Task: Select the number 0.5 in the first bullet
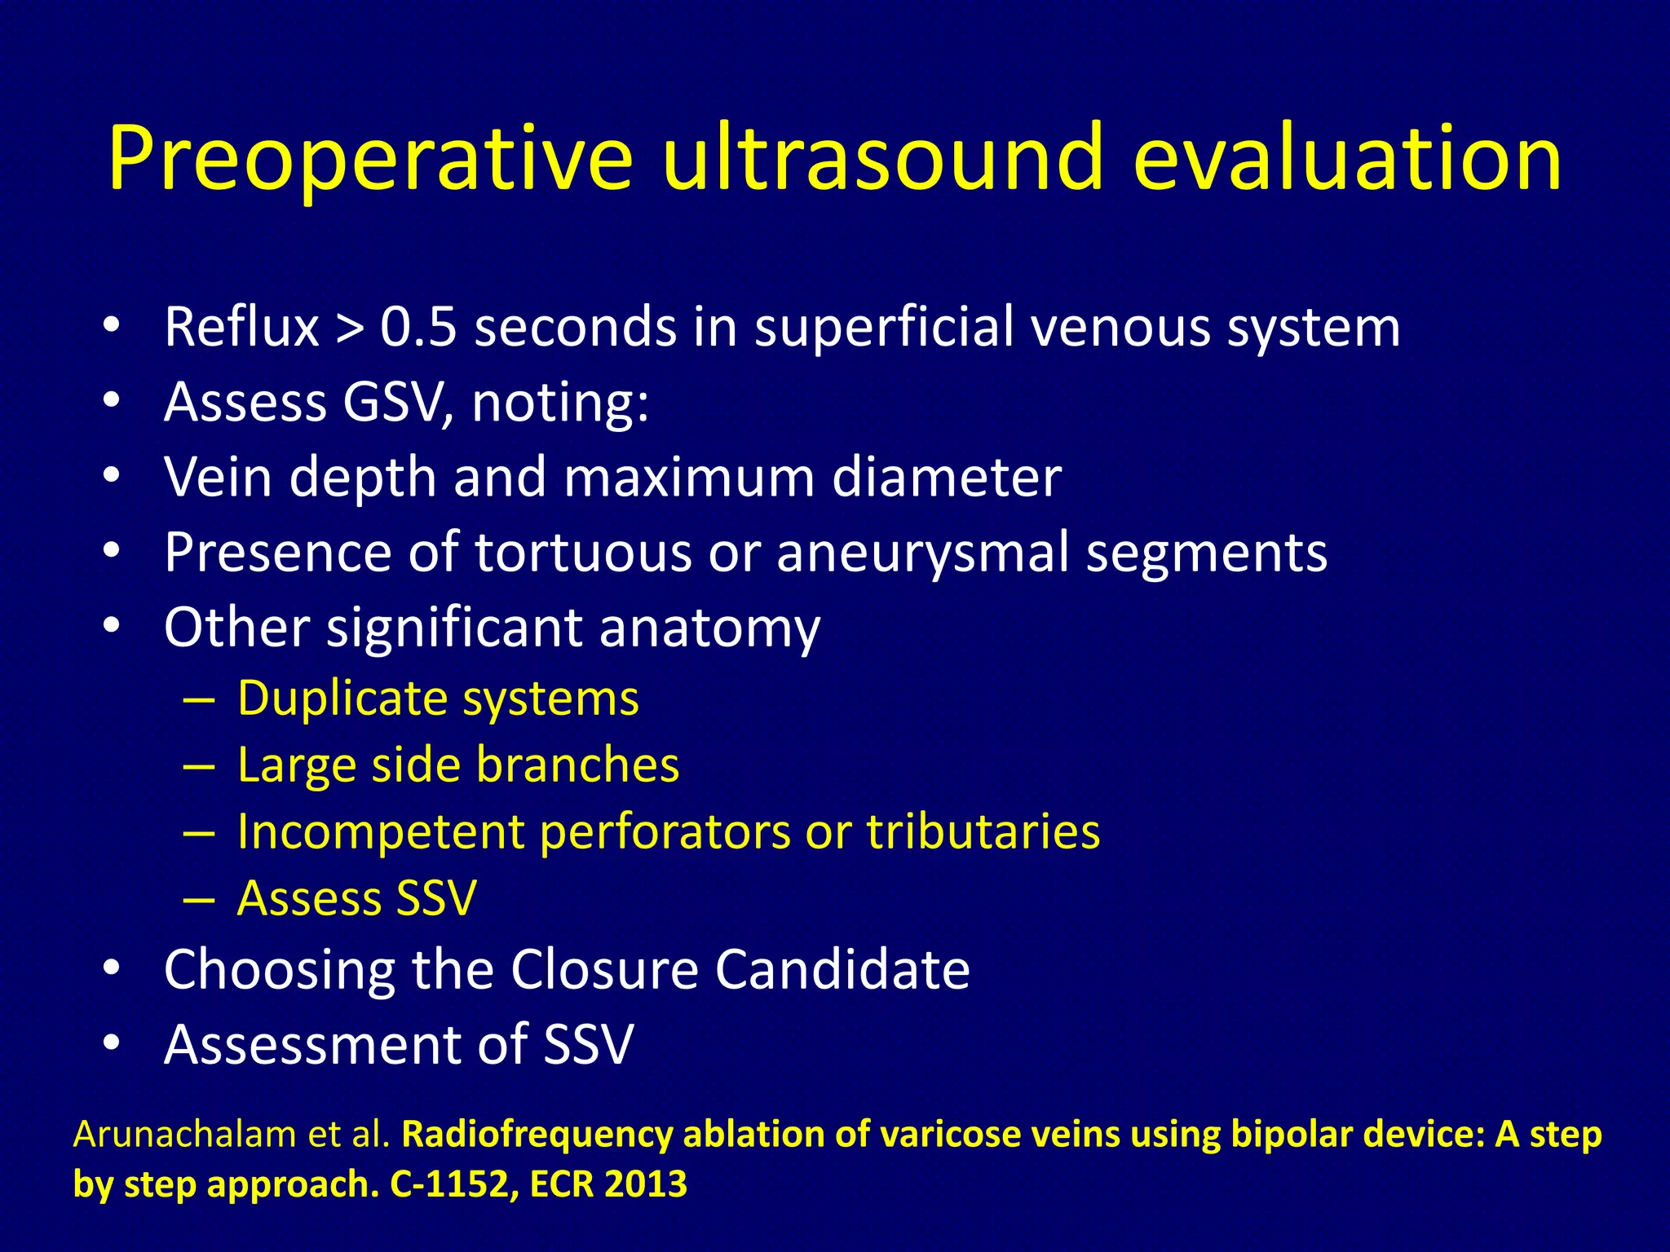(417, 328)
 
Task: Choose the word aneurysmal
(921, 553)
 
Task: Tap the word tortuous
(583, 553)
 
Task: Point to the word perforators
(665, 832)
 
